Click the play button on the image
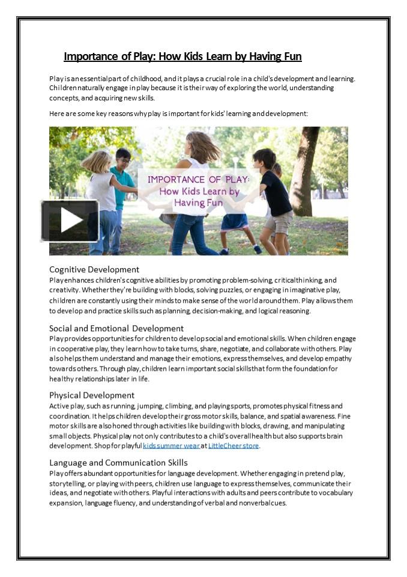pyautogui.click(x=70, y=221)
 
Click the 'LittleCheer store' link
pyautogui.click(x=234, y=446)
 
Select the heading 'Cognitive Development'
pyautogui.click(x=94, y=269)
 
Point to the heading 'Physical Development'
pyautogui.click(x=92, y=395)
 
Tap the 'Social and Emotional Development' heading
pyautogui.click(x=116, y=328)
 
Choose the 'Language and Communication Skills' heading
pyautogui.click(x=118, y=462)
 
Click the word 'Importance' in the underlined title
pyautogui.click(x=88, y=56)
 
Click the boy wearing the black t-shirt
pyautogui.click(x=276, y=192)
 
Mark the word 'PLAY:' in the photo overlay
pyautogui.click(x=235, y=180)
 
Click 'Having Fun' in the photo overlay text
pyautogui.click(x=198, y=203)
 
